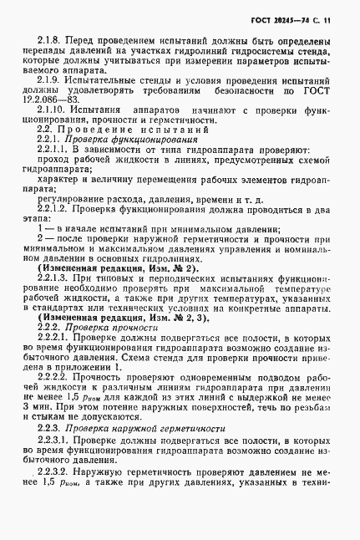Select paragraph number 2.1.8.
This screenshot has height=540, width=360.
52,40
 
